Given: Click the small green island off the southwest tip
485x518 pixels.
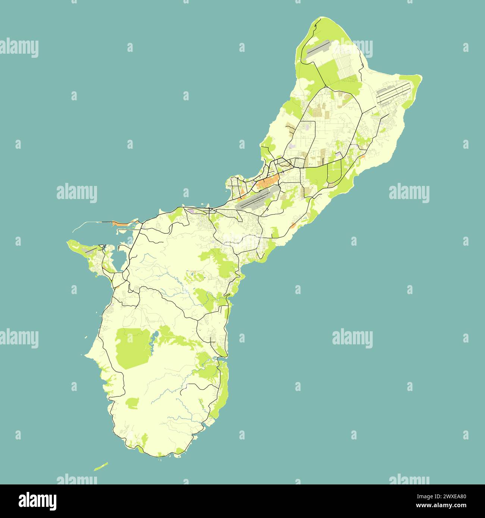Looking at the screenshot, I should coord(101,466).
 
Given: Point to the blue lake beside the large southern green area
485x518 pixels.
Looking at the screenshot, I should coord(153,337).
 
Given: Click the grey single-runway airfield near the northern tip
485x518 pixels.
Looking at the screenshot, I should coord(317,50).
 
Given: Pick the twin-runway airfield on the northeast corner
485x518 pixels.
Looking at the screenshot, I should coord(394,93).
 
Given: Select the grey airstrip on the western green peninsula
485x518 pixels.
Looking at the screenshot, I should coord(90,252).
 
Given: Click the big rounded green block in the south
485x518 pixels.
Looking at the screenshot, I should coord(132,348).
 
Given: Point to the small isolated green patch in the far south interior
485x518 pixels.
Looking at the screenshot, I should coord(132,403).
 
